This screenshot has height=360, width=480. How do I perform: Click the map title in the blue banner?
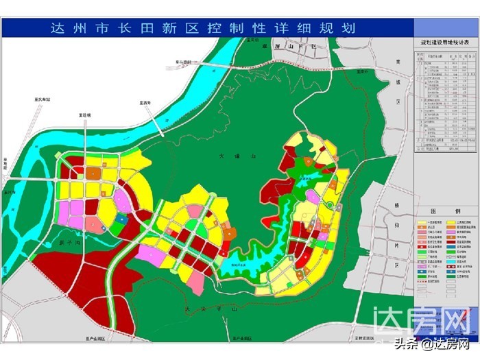204,29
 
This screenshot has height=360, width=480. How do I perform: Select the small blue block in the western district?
121,219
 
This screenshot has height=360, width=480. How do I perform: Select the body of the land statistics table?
448,103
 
